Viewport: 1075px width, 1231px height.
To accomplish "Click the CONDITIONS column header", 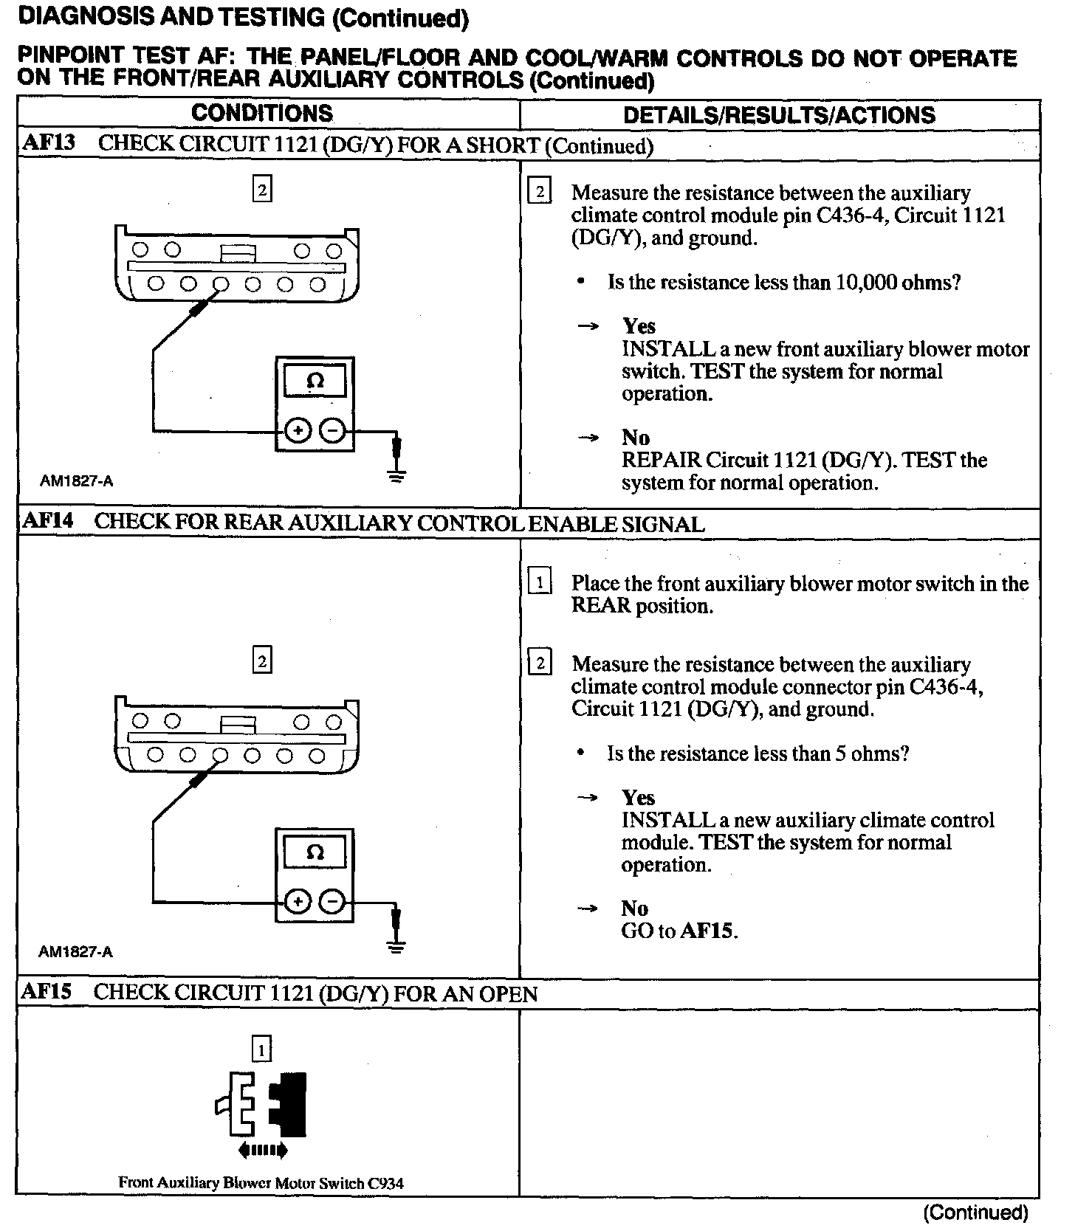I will [x=261, y=114].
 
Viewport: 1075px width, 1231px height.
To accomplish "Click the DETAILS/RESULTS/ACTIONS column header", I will [x=779, y=115].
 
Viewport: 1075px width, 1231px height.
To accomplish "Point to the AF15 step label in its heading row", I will [x=47, y=992].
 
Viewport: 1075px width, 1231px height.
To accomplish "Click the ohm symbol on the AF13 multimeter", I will [x=315, y=382].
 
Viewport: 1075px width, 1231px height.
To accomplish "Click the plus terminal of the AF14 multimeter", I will [x=298, y=901].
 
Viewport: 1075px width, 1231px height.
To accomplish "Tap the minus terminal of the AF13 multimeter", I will [x=334, y=430].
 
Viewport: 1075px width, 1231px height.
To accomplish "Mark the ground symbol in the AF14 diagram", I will [x=396, y=946].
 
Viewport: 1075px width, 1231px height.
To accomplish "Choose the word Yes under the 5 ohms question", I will [x=638, y=798].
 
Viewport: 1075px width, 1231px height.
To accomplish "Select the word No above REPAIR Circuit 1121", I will [x=635, y=438].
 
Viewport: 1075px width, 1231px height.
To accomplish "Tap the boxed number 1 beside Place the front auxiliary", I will [x=540, y=583].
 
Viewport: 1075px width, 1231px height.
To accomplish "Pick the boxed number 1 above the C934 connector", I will [x=261, y=1049].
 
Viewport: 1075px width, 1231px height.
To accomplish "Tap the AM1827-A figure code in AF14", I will [x=75, y=952].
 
